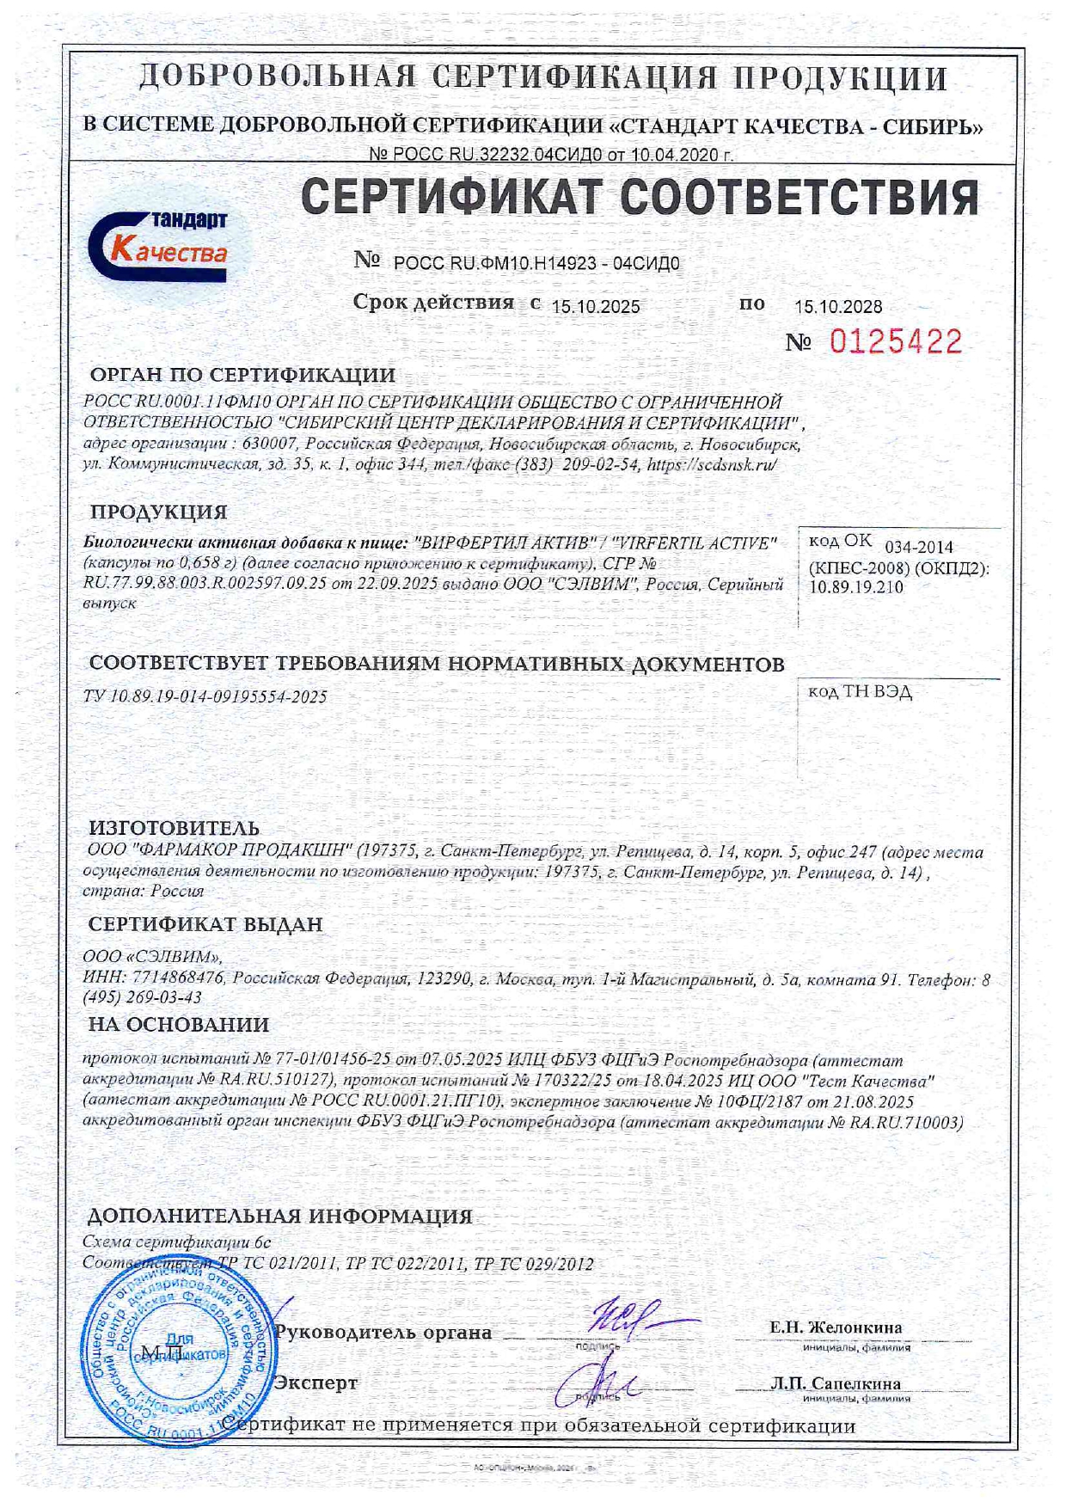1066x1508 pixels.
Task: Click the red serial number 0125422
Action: point(895,342)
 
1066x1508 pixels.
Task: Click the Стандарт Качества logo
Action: point(159,243)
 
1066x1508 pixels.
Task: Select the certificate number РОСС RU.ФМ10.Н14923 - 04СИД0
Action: point(536,264)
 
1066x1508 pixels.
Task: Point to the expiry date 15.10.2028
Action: point(837,307)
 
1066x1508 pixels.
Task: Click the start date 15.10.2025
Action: point(595,307)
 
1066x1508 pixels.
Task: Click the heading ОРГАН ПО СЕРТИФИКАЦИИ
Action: point(242,375)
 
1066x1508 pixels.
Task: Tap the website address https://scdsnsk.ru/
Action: point(712,464)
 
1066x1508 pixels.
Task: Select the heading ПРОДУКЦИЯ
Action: point(159,512)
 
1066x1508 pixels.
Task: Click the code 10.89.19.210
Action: point(855,587)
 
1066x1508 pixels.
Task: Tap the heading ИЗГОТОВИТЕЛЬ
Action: point(174,827)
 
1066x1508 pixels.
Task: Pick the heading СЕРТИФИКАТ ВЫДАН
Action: point(205,924)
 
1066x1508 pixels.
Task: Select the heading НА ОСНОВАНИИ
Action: point(179,1025)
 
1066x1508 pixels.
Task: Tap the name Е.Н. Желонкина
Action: point(836,1327)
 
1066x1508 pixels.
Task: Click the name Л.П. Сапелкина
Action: point(836,1383)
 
